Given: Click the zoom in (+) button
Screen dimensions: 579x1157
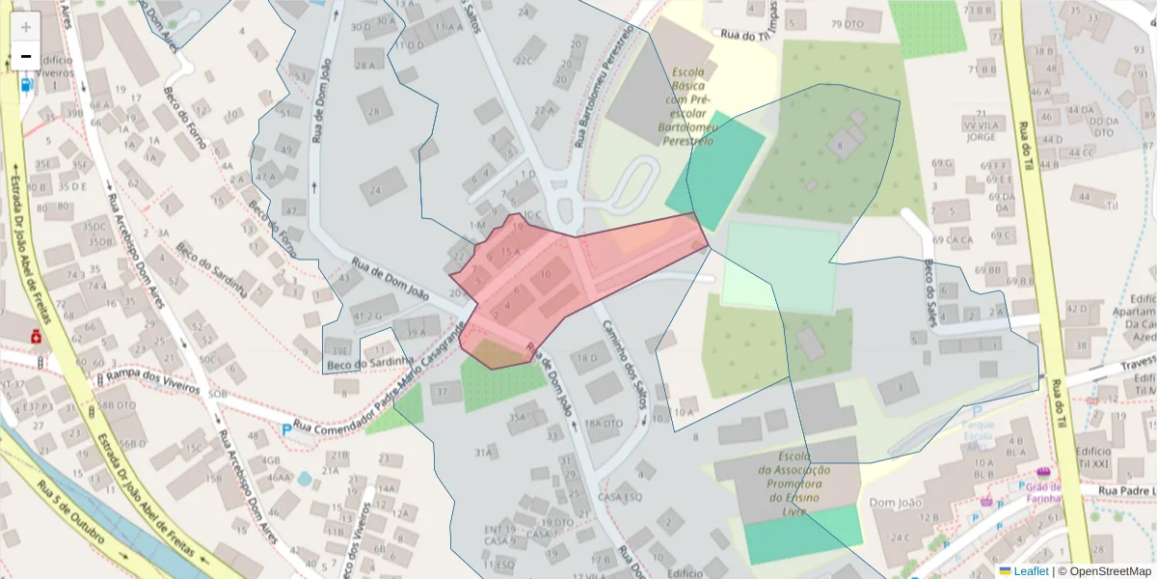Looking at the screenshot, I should coord(26,26).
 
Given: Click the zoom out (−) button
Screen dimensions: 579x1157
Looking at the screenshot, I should coord(26,57).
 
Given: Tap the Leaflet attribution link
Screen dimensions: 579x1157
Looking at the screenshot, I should coord(1023,570).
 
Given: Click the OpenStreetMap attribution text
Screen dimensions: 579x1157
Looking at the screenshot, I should coord(1105,570).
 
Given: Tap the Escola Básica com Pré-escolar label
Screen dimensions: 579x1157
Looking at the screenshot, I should coord(687,106).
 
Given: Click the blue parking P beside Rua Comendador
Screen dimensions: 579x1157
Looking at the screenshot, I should coord(285,429).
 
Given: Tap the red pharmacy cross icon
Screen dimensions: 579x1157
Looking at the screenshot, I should coord(37,336).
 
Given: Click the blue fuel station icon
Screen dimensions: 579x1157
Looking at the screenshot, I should coord(26,83).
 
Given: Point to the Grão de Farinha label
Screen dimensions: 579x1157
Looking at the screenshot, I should coord(1042,492).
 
